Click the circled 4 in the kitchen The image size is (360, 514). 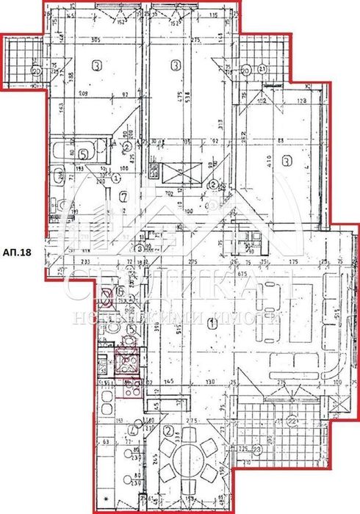click(x=132, y=430)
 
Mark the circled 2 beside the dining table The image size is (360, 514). click(x=168, y=430)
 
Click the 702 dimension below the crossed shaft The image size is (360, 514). click(x=170, y=195)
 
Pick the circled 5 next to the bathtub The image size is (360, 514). click(x=84, y=154)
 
